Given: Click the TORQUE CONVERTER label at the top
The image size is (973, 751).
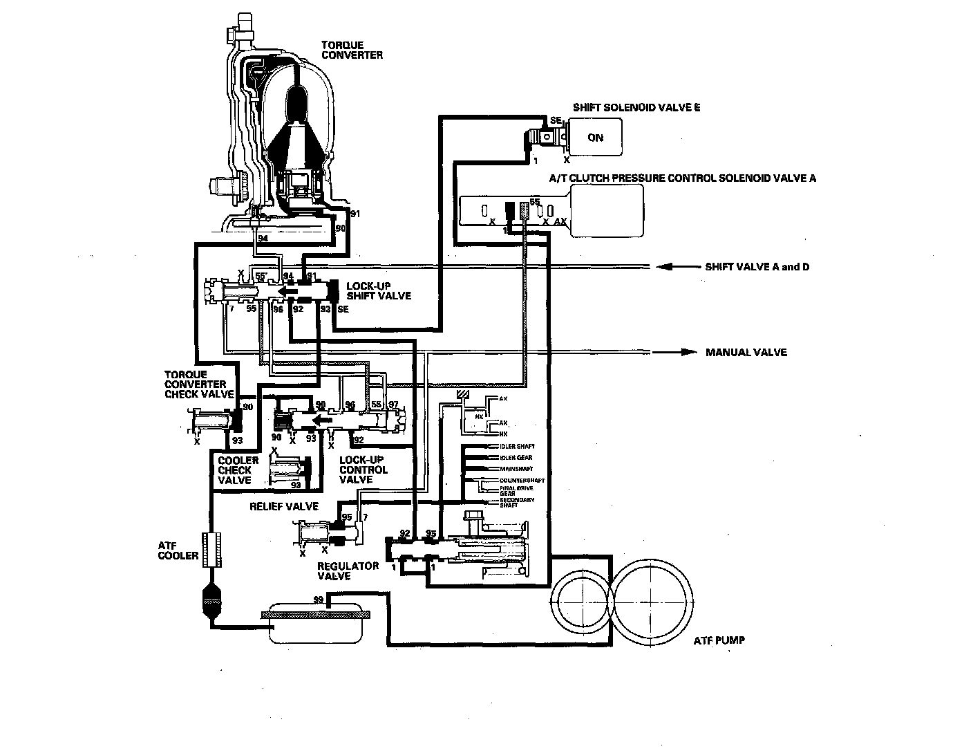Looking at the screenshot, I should tap(351, 50).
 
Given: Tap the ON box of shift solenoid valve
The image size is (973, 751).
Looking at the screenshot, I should tap(595, 137).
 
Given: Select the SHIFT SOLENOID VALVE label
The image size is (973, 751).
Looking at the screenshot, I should tap(636, 107).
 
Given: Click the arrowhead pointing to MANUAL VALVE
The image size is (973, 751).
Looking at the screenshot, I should tap(687, 352).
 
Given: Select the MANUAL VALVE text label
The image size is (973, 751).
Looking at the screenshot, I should tap(746, 352).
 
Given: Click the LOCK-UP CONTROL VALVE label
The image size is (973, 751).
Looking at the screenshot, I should tap(363, 470).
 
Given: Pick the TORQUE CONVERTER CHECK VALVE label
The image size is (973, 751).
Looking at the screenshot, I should tap(194, 384).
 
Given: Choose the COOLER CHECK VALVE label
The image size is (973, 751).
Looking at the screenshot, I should tap(238, 470).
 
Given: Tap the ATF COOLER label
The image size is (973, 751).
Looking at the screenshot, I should tap(178, 550).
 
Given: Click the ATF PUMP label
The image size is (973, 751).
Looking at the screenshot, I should tap(719, 640).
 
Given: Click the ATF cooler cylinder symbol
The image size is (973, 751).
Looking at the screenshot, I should tap(212, 550).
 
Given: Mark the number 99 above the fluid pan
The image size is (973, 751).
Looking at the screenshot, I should tap(318, 599).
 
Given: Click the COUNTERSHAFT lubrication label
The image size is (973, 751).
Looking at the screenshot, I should tap(522, 480).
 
